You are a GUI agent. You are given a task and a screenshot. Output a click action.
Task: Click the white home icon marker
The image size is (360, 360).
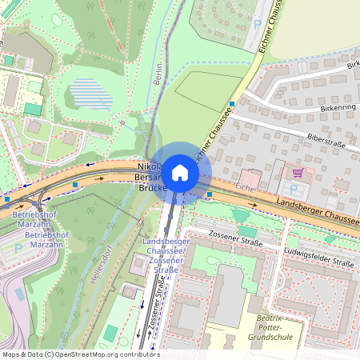[180, 173]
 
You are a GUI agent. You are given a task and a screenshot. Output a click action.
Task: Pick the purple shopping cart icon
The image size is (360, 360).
[298, 173]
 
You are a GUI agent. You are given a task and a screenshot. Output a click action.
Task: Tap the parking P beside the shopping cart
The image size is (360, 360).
[293, 189]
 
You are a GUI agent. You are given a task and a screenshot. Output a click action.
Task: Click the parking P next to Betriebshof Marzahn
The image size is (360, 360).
[18, 249]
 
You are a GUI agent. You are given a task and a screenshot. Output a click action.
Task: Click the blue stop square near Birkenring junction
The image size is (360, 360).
[232, 104]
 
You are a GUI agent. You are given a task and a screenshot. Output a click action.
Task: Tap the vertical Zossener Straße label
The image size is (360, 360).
[147, 312]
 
